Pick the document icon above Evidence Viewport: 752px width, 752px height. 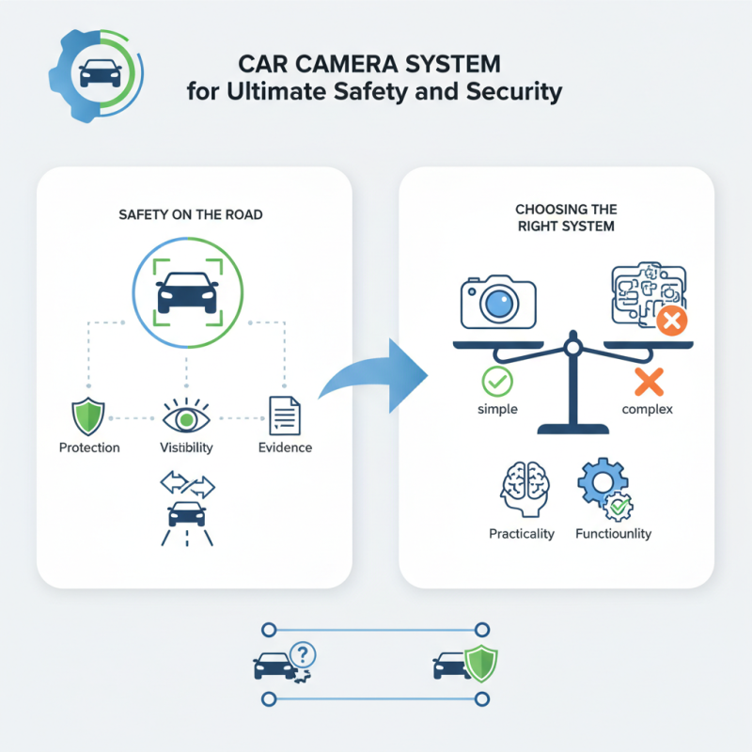tap(284, 415)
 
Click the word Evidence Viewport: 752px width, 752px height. tap(285, 447)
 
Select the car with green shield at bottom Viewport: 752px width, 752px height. tap(466, 663)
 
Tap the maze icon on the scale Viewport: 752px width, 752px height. tap(644, 297)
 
